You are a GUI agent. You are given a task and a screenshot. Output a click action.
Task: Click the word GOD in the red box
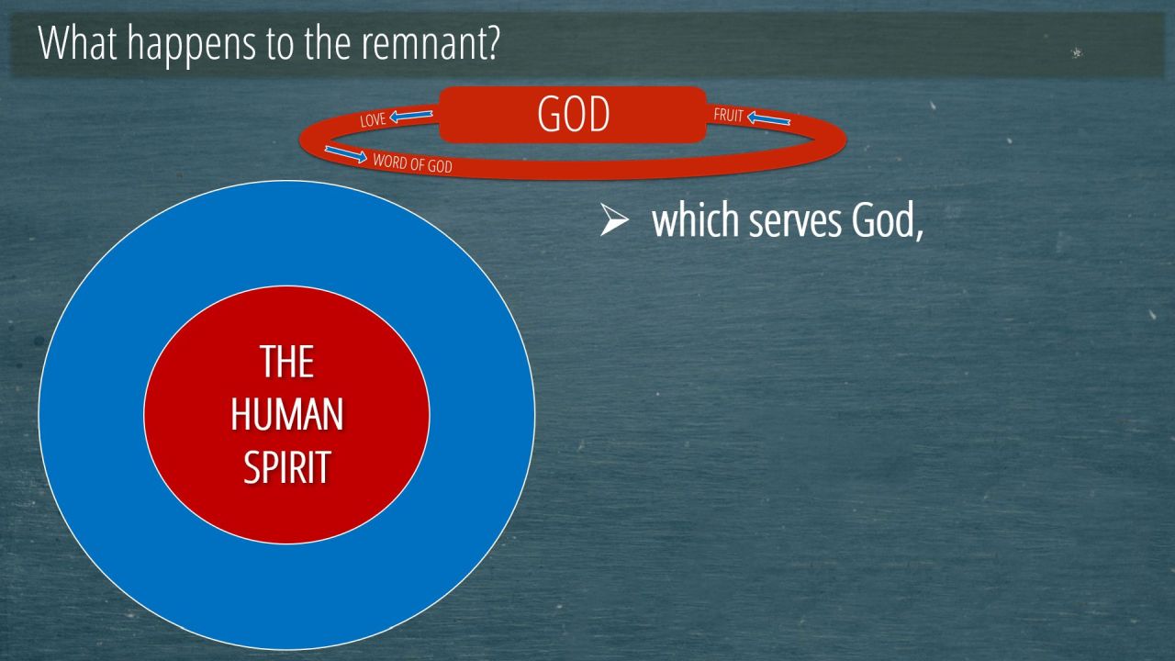pyautogui.click(x=574, y=114)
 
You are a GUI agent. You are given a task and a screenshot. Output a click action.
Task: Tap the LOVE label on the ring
pyautogui.click(x=373, y=119)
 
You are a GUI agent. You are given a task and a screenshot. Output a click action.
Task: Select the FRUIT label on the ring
pyautogui.click(x=728, y=115)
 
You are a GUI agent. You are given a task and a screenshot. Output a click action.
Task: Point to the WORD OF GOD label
pyautogui.click(x=412, y=163)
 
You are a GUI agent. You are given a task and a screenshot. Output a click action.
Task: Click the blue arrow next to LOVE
pyautogui.click(x=411, y=115)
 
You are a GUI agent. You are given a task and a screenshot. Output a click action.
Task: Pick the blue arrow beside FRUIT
pyautogui.click(x=768, y=118)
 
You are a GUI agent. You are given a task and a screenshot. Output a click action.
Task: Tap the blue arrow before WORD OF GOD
pyautogui.click(x=346, y=154)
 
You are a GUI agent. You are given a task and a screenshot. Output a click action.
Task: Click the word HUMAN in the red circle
pyautogui.click(x=287, y=414)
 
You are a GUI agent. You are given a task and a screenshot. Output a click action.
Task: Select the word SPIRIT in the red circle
pyautogui.click(x=287, y=466)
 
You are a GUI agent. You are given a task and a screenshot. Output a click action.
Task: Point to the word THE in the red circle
pyautogui.click(x=287, y=362)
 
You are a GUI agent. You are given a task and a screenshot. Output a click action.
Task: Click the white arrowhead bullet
pyautogui.click(x=614, y=220)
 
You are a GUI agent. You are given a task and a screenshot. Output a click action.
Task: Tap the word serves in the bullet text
pyautogui.click(x=794, y=221)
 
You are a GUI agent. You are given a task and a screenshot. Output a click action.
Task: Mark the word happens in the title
pyautogui.click(x=192, y=45)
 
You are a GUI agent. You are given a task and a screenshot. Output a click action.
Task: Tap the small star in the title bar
pyautogui.click(x=1077, y=52)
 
